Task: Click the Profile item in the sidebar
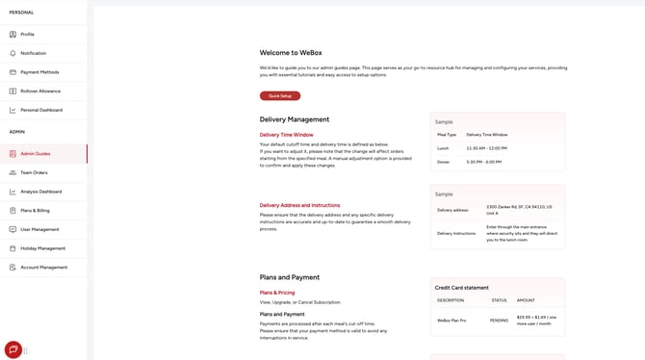[x=27, y=34]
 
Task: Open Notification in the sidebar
[x=33, y=53]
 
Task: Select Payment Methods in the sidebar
[x=39, y=72]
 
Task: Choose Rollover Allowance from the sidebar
[x=40, y=90]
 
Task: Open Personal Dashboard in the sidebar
[x=41, y=110]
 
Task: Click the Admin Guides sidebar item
[x=35, y=154]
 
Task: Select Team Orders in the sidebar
[x=34, y=172]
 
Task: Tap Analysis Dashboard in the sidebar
[x=40, y=192]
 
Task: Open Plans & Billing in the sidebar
[x=35, y=210]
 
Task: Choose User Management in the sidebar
[x=39, y=229]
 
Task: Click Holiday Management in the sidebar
[x=42, y=248]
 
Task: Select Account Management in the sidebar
[x=43, y=267]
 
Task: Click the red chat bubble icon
[x=13, y=349]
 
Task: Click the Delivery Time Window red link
[x=286, y=135]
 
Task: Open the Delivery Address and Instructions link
[x=299, y=205]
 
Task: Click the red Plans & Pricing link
[x=277, y=293]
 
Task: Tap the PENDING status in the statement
[x=499, y=320]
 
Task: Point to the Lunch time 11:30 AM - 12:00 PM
[x=487, y=148]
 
